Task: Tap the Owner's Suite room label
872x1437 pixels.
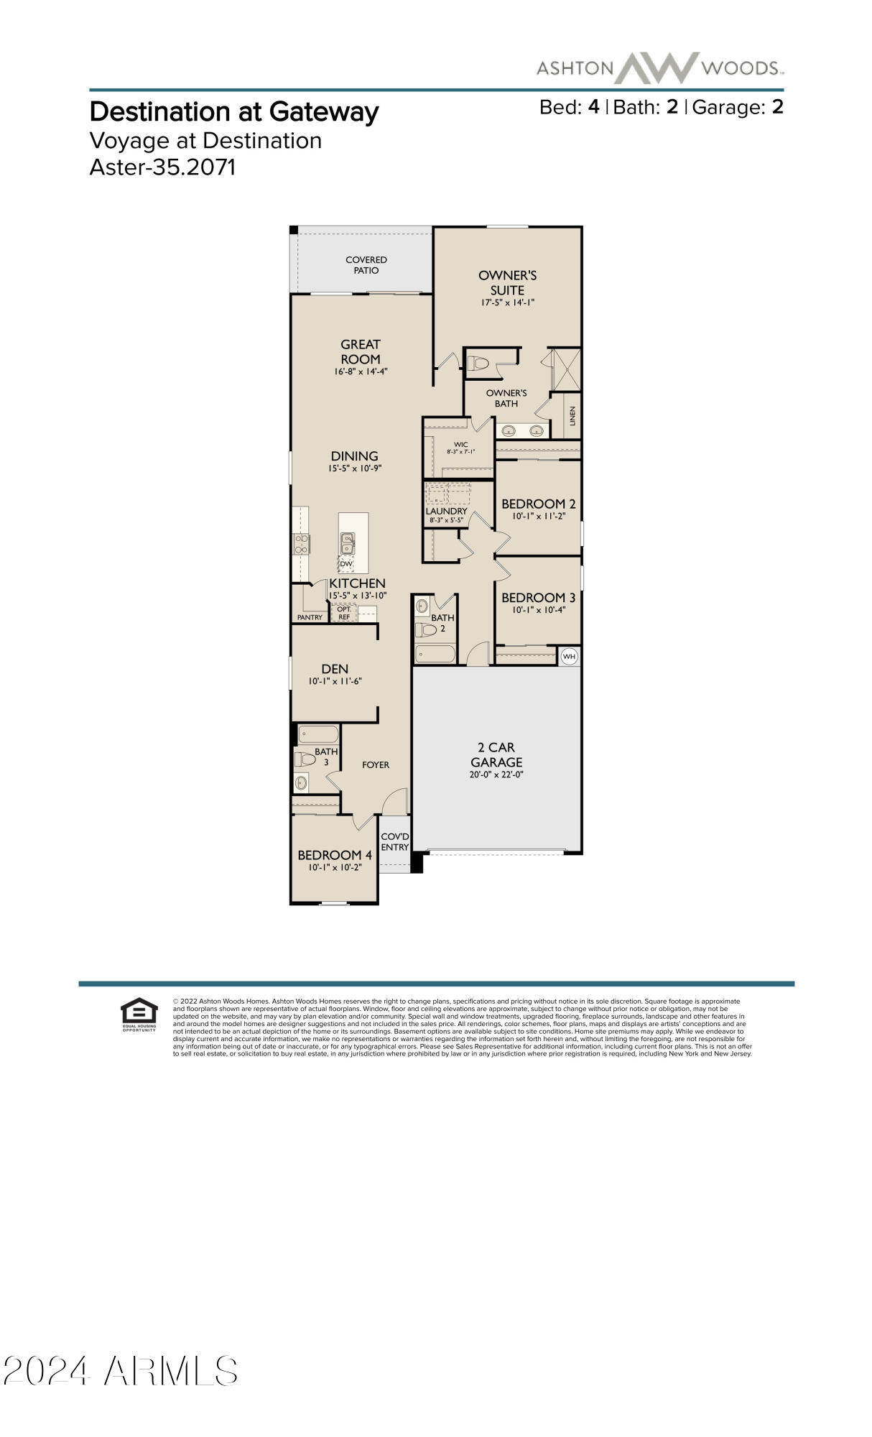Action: click(x=507, y=282)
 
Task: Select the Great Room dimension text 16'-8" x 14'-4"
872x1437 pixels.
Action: click(x=361, y=371)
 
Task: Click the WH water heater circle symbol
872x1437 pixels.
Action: click(x=569, y=656)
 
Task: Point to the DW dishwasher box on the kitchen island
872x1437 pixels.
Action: click(x=346, y=564)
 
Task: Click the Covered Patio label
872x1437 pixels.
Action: click(x=366, y=265)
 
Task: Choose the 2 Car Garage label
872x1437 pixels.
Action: click(x=496, y=754)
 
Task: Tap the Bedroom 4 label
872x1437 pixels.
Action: click(x=335, y=855)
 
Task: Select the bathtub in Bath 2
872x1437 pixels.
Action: click(x=435, y=654)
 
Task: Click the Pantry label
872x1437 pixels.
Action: click(x=310, y=617)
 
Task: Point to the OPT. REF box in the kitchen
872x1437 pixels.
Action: click(x=344, y=613)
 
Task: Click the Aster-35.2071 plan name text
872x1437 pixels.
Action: click(x=162, y=167)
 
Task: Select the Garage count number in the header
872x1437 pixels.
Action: click(x=777, y=107)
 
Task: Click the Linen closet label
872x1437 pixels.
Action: click(x=572, y=416)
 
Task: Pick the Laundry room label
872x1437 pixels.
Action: click(x=446, y=512)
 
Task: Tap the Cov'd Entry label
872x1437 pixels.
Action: click(x=394, y=842)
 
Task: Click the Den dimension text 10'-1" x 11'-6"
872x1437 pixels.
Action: click(x=335, y=681)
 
